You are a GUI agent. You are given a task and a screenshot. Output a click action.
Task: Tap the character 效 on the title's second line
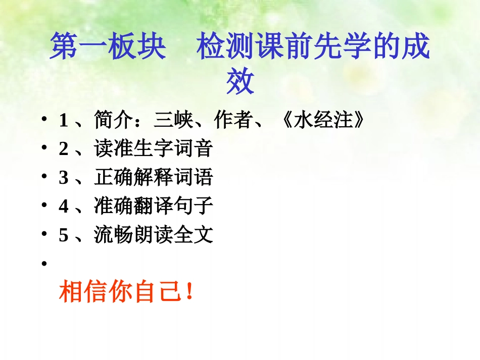click(x=239, y=82)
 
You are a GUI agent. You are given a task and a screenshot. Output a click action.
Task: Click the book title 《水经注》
click(x=321, y=121)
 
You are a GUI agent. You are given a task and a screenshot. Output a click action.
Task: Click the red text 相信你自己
click(x=119, y=292)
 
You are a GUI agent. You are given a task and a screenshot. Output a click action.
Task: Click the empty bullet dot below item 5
click(x=44, y=264)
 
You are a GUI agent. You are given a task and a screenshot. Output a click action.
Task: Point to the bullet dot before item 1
click(x=44, y=121)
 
